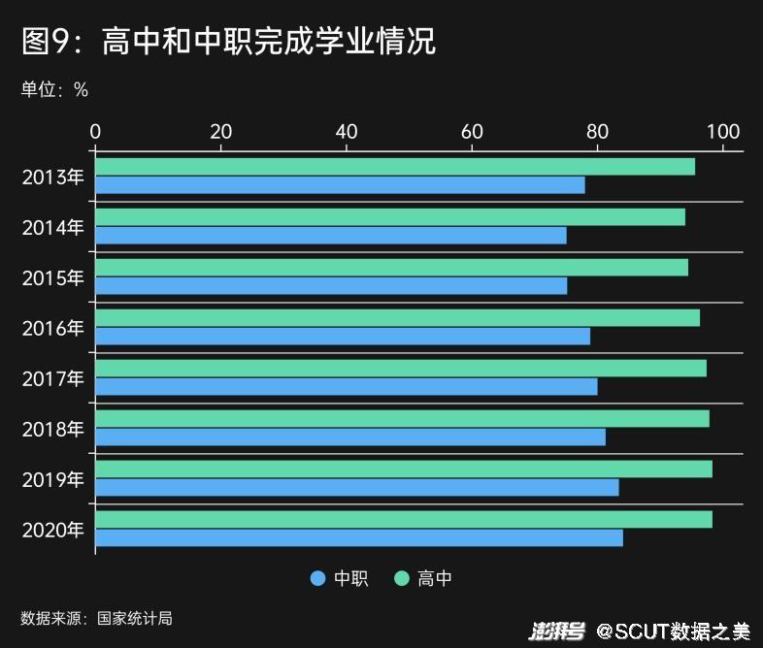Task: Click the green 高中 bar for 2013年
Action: [x=395, y=166]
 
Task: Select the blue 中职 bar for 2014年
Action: [x=330, y=236]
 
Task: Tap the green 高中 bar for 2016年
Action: [x=397, y=317]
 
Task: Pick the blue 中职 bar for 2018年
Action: [x=349, y=437]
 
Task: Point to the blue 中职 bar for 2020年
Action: [x=358, y=538]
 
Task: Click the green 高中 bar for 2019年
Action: [x=403, y=469]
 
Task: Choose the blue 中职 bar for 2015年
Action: [x=331, y=286]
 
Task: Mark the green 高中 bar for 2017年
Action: [x=400, y=368]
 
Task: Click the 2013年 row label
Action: [x=53, y=177]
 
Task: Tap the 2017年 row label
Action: [x=53, y=378]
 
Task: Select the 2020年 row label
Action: [x=53, y=530]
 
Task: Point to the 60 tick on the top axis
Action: [x=472, y=132]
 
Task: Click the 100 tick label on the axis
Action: [x=724, y=132]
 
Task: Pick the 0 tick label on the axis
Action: [x=95, y=132]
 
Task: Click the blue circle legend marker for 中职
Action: [x=317, y=579]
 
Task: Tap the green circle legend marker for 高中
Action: [x=401, y=579]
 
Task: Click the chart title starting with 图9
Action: [x=228, y=42]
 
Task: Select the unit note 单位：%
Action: [x=54, y=90]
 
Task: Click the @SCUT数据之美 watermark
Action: [x=673, y=632]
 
